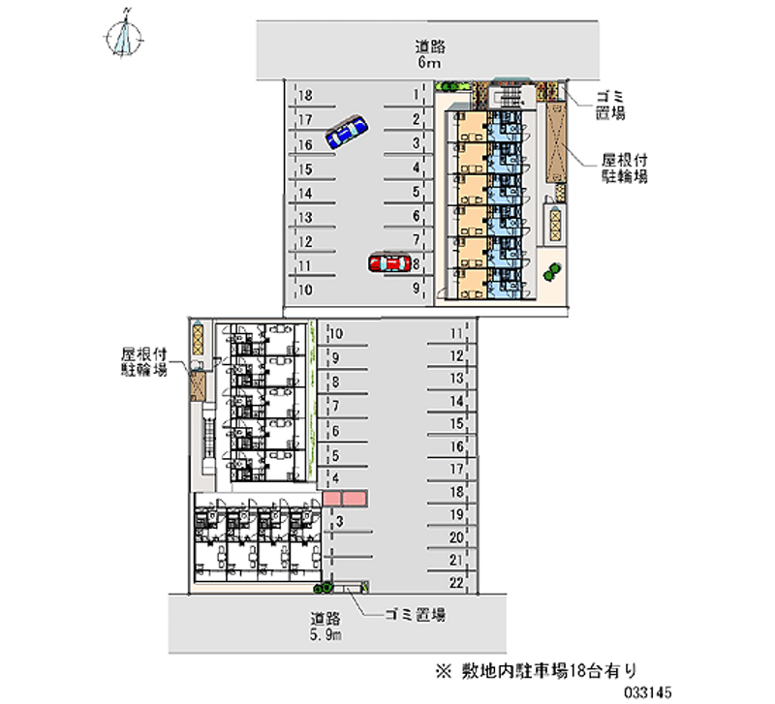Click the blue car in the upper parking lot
coord(347,132)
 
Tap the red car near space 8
coord(389,262)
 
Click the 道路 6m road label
coord(429,54)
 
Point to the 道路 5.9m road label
coord(325,627)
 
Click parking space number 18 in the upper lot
coord(305,95)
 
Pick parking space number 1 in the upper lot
coord(417,94)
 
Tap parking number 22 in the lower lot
coord(456,583)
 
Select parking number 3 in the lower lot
coord(339,521)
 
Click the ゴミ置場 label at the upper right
coord(610,105)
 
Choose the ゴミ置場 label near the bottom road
coord(416,615)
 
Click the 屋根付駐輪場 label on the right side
coord(624,168)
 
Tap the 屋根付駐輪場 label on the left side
coord(144,361)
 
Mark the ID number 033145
coord(647,692)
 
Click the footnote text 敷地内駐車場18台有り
coord(549,670)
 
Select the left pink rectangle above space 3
coord(331,498)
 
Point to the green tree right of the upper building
coord(551,272)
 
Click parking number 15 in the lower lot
coord(456,424)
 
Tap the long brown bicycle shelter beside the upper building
coord(556,142)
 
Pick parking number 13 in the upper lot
coord(305,217)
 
